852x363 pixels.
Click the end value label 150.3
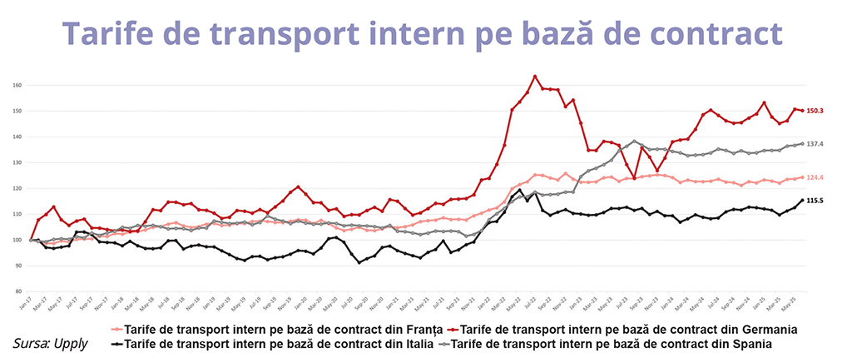coord(815,111)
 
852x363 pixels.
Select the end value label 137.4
coord(815,144)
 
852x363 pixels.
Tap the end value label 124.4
coord(815,177)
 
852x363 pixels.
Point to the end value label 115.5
coord(815,201)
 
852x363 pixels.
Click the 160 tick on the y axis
coord(17,85)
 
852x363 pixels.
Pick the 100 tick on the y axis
coord(17,240)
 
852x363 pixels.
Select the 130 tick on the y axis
coord(17,162)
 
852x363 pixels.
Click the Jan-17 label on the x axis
coord(25,304)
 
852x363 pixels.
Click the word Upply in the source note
coord(75,343)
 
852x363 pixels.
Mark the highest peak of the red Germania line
coord(535,77)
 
